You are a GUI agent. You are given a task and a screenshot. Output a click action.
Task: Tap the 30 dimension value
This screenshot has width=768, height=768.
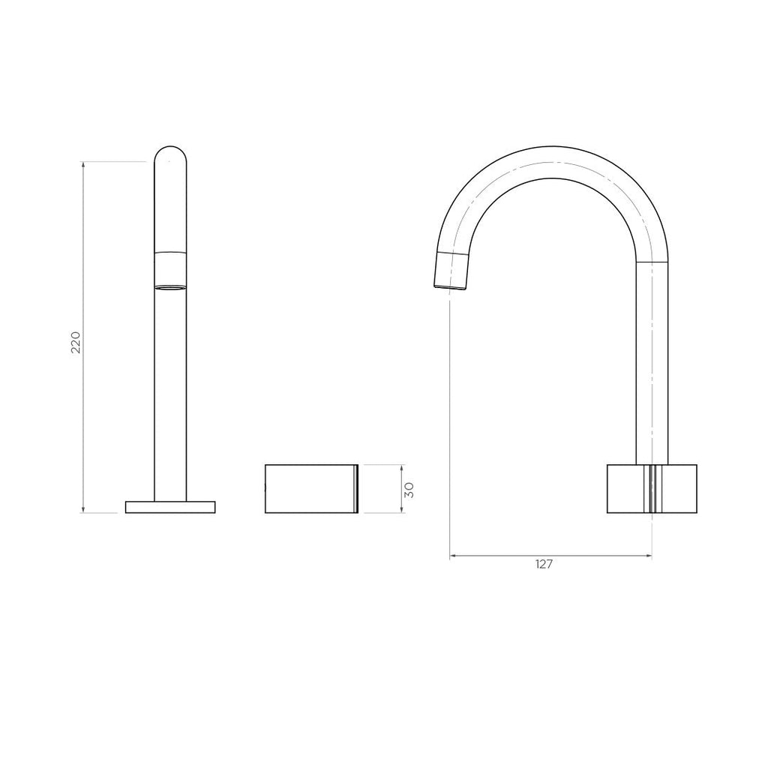coord(409,489)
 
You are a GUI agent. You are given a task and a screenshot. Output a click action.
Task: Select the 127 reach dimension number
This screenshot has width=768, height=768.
coord(544,565)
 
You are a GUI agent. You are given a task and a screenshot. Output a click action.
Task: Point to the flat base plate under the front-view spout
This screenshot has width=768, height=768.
coord(170,507)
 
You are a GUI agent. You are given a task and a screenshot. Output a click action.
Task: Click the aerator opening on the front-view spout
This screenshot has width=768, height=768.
coord(170,286)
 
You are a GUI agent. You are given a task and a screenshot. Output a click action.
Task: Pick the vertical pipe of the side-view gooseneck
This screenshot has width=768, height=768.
coord(651,367)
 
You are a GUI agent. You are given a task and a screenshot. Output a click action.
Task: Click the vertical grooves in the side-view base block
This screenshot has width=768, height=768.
coord(652,489)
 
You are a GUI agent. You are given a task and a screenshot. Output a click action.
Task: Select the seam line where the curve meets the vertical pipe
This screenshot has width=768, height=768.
coord(651,262)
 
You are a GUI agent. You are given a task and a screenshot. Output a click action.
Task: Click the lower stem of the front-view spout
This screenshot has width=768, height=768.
coord(170,397)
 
